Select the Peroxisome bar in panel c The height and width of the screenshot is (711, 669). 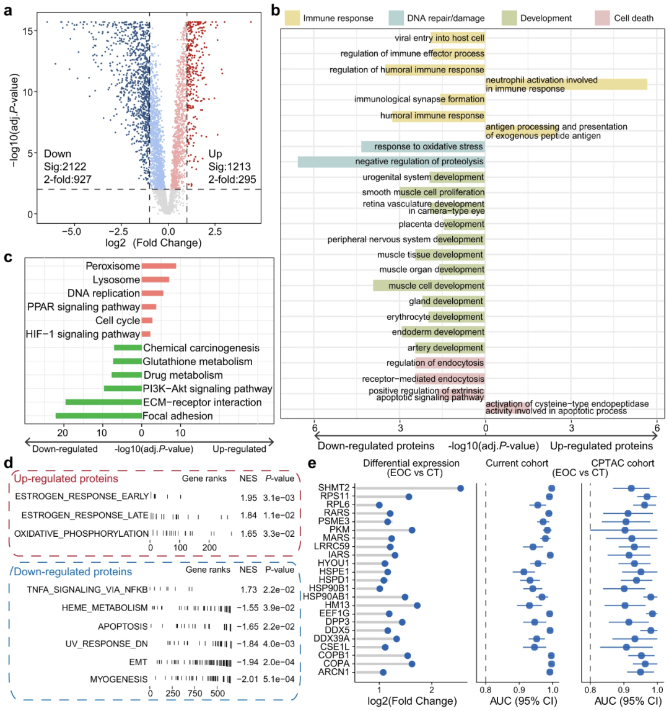point(159,266)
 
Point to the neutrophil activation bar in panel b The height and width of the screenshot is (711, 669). point(566,84)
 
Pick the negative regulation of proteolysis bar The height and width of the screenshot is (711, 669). point(391,162)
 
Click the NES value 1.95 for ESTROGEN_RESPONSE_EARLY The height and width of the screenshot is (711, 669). point(249,496)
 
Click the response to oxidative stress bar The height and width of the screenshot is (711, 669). point(423,146)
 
